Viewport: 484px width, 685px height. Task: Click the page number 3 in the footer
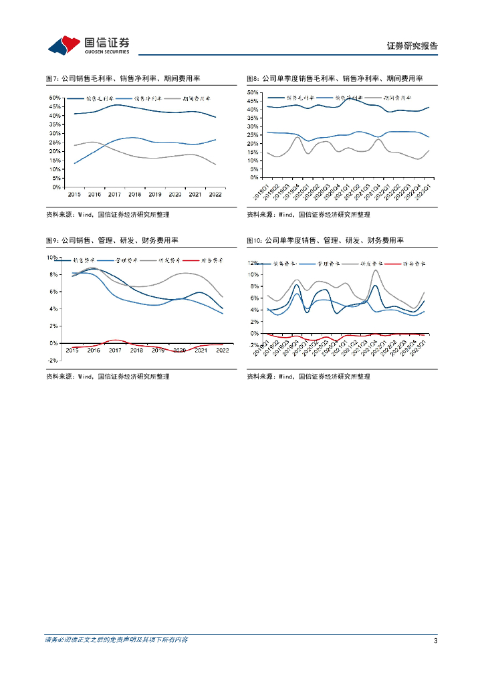435,641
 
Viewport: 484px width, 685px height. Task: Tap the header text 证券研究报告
412,46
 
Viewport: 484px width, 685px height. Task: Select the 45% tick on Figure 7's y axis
55,106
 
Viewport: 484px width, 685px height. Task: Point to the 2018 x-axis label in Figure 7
134,194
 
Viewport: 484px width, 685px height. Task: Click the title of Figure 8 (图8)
334,78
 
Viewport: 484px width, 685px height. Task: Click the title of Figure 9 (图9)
112,240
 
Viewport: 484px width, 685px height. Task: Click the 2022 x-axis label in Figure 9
222,350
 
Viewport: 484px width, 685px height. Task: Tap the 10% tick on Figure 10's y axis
254,275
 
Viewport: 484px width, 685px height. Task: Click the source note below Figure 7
108,215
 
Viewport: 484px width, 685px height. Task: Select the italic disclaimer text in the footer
116,640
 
